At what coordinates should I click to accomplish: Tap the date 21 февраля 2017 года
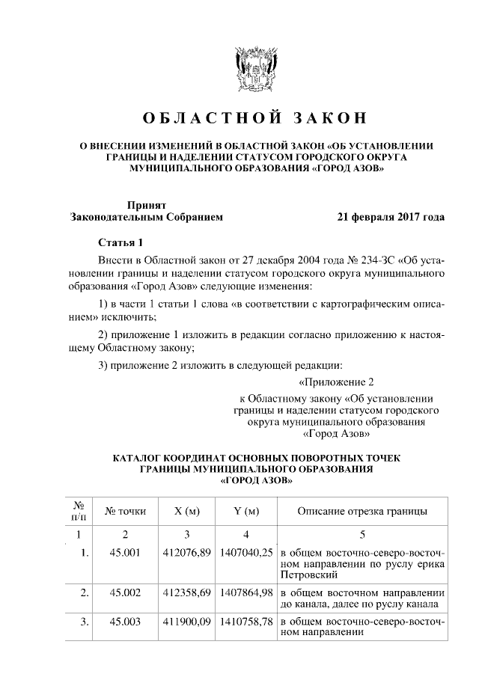coord(391,218)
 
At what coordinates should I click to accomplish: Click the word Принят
coord(146,204)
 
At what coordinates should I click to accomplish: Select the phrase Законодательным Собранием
coord(146,218)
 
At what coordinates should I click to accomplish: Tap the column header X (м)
coord(186,512)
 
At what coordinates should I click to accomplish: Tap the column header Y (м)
coord(246,512)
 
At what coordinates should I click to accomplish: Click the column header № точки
coord(126,512)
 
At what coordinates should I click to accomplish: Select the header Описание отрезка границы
coord(362,512)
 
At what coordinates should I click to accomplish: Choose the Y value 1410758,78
coord(246,622)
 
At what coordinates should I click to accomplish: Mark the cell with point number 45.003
coord(126,622)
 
